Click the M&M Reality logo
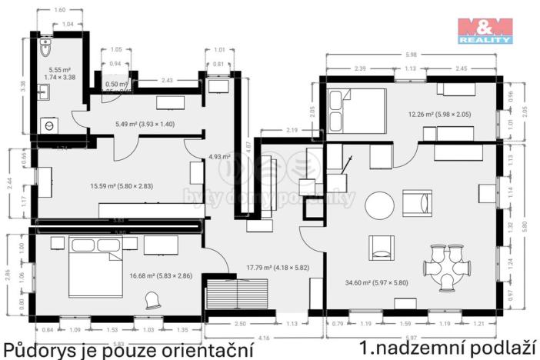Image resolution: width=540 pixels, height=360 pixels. (x=485, y=30)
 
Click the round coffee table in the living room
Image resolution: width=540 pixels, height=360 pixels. (x=378, y=205)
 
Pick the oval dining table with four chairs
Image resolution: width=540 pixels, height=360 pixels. (x=446, y=266)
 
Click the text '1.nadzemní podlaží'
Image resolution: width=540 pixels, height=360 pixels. (x=448, y=347)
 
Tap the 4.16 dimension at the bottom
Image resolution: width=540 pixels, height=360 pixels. (x=265, y=336)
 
